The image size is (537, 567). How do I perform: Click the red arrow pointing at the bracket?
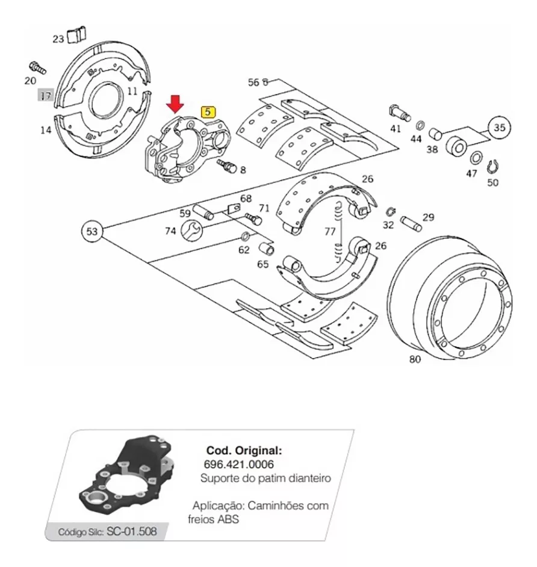click(x=175, y=104)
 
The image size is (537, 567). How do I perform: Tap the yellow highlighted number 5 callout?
click(x=208, y=112)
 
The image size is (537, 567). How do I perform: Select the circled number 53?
click(x=92, y=231)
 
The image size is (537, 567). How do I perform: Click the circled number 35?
click(x=499, y=128)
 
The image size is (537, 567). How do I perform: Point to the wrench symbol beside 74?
click(x=191, y=231)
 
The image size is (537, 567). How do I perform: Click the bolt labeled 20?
click(x=37, y=67)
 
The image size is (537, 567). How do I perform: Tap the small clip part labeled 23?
click(x=78, y=34)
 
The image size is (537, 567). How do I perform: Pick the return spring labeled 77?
click(x=338, y=231)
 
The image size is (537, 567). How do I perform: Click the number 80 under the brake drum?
click(x=415, y=359)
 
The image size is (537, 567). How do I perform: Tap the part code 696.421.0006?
click(x=238, y=464)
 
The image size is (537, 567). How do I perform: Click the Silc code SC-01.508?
click(x=132, y=531)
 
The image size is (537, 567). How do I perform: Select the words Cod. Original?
click(x=244, y=451)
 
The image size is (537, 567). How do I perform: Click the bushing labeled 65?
click(x=267, y=249)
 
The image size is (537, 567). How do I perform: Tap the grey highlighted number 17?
click(x=46, y=96)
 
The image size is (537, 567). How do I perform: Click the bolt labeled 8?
click(x=227, y=166)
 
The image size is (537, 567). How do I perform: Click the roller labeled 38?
click(x=435, y=134)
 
